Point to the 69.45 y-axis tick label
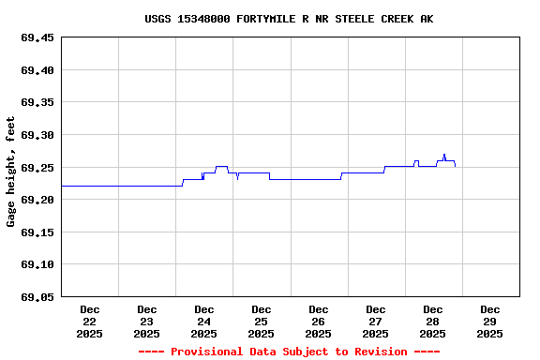click(x=37, y=38)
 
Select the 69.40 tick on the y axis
click(x=37, y=70)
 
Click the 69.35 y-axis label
click(x=37, y=103)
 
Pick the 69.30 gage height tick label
click(x=37, y=135)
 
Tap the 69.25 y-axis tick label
click(x=37, y=168)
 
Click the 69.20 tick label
click(x=37, y=200)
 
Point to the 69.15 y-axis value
click(x=37, y=232)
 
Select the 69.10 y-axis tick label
click(x=37, y=264)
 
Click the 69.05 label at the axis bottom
click(x=37, y=297)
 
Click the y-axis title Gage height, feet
click(x=11, y=172)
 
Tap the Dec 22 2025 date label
click(x=90, y=321)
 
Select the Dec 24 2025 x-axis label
click(x=204, y=321)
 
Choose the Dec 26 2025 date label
click(x=319, y=321)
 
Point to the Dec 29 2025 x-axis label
click(x=490, y=321)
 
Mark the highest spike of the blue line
click(x=443, y=155)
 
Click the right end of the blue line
click(x=456, y=166)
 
